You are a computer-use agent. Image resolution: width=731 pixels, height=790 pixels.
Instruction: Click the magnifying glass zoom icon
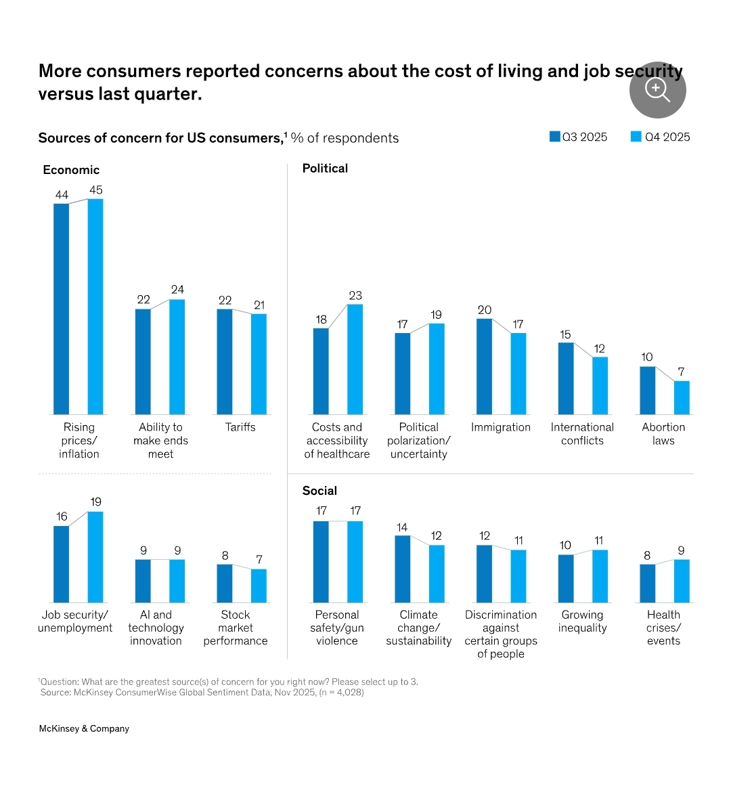click(x=657, y=89)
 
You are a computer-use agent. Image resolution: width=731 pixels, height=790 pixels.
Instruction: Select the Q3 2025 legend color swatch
click(x=555, y=137)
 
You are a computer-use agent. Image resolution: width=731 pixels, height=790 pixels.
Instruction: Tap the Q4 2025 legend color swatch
click(x=636, y=137)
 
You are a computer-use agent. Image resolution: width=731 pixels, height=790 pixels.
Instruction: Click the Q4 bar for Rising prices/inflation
click(x=95, y=306)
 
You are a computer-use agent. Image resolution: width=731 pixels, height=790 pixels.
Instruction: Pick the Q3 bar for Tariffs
click(x=225, y=361)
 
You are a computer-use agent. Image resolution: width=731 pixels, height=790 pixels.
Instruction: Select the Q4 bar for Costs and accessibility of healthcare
click(x=355, y=359)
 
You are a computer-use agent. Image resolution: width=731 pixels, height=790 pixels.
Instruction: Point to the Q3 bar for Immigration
click(x=484, y=366)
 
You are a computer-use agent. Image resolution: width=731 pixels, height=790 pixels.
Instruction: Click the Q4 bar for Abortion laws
click(x=682, y=397)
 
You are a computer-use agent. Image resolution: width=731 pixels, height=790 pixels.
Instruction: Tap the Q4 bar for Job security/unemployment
click(x=95, y=556)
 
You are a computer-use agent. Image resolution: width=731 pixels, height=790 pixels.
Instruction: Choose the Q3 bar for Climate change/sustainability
click(x=402, y=569)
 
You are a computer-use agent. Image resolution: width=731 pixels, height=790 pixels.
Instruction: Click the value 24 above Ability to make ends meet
click(x=177, y=290)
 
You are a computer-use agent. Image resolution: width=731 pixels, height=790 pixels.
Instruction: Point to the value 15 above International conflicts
click(x=565, y=334)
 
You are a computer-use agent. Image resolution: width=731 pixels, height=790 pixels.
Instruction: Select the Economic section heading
click(x=71, y=170)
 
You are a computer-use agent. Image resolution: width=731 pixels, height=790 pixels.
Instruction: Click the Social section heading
click(x=319, y=491)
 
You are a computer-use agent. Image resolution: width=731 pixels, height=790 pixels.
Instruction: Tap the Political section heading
click(x=325, y=169)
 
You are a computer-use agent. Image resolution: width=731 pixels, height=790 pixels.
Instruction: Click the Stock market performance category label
click(x=236, y=628)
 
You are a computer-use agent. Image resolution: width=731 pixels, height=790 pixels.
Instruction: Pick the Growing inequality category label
click(x=582, y=621)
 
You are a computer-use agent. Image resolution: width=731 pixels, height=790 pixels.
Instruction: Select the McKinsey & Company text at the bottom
click(x=84, y=728)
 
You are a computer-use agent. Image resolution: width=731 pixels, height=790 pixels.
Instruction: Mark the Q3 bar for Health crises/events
click(x=647, y=583)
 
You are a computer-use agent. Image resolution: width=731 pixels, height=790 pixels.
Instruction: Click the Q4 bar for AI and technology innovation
click(x=177, y=581)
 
